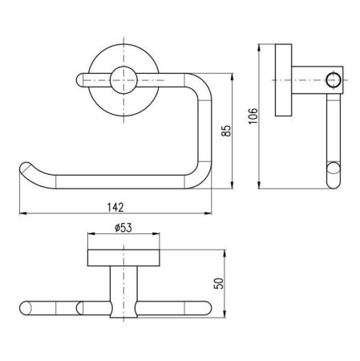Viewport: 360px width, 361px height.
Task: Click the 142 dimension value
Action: click(x=115, y=207)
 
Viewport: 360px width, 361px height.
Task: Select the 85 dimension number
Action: click(x=226, y=131)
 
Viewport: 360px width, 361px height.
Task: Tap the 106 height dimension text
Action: click(x=253, y=116)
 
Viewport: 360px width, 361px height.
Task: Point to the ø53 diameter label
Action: click(x=123, y=228)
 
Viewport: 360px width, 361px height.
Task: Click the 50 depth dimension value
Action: click(x=219, y=283)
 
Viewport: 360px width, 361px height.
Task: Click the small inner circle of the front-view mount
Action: click(x=123, y=80)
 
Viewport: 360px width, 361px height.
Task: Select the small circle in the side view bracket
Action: click(x=334, y=80)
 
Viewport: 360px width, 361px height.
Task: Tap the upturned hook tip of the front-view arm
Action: click(x=25, y=167)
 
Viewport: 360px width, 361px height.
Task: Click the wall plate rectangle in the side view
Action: click(x=283, y=80)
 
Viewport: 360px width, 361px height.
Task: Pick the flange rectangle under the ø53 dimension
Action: click(x=123, y=258)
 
